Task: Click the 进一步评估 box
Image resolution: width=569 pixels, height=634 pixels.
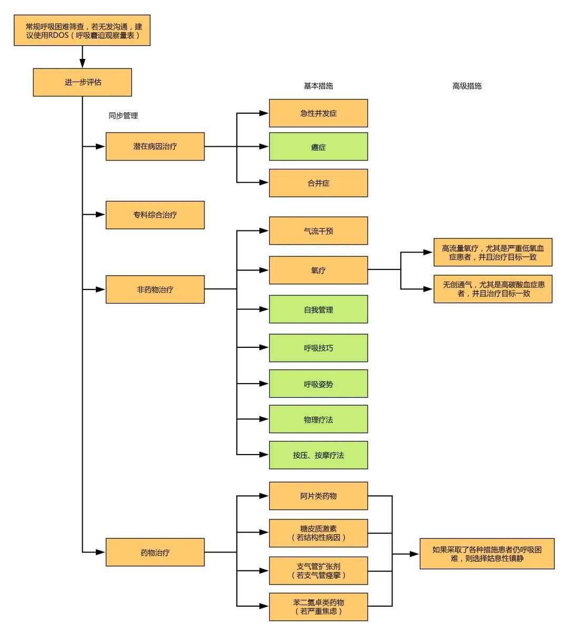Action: [x=82, y=82]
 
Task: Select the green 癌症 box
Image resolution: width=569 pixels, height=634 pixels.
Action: [x=318, y=147]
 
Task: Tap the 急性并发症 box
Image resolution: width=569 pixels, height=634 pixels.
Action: [x=318, y=113]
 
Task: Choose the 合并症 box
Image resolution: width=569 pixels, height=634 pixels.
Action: [x=318, y=183]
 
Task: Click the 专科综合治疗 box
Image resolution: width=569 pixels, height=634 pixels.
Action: [x=155, y=215]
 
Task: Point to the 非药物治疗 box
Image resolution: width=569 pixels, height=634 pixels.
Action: [x=155, y=289]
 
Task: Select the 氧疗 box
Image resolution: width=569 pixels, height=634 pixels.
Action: [x=318, y=270]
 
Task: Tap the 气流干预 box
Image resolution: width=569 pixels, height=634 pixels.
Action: [x=318, y=230]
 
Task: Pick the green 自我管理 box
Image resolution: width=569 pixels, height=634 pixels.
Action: [x=318, y=309]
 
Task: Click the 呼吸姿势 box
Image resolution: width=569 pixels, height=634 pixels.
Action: [x=318, y=384]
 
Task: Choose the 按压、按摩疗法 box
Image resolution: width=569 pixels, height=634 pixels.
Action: [x=318, y=455]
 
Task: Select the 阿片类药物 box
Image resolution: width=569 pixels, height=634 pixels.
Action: [x=318, y=496]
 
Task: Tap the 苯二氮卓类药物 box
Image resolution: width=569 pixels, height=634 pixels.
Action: [x=318, y=607]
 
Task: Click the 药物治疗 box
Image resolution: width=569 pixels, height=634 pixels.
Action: [x=155, y=552]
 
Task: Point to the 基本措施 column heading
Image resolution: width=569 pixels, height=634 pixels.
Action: [x=318, y=86]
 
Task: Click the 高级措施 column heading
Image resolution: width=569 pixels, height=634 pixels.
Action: [x=467, y=86]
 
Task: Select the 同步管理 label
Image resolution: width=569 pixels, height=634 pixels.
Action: [x=123, y=116]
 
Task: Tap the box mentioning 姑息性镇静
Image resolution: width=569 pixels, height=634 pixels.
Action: [x=487, y=554]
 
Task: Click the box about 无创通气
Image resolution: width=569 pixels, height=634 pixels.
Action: [x=493, y=289]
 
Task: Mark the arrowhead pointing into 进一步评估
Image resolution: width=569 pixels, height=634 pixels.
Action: [x=82, y=64]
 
